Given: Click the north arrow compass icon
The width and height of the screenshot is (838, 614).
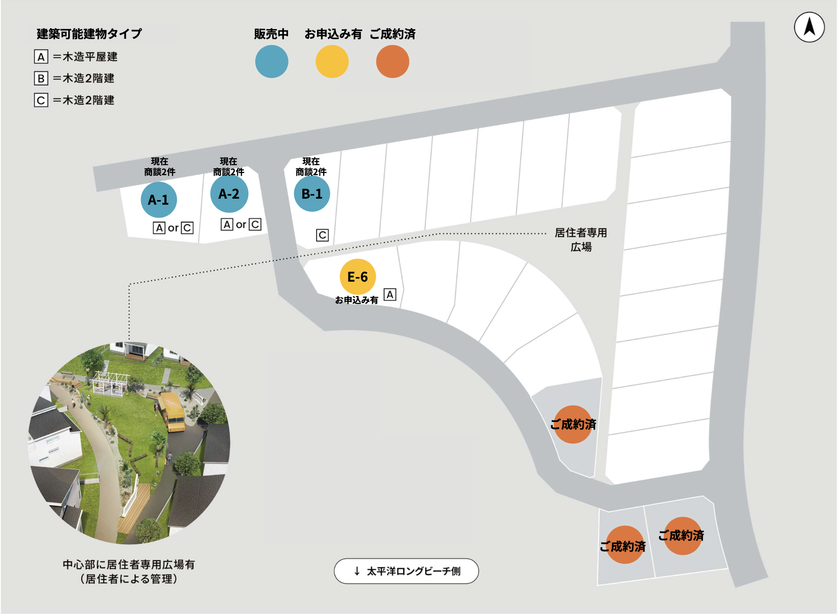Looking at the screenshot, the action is point(809,27).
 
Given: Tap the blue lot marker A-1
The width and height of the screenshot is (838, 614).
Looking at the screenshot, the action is point(159,200).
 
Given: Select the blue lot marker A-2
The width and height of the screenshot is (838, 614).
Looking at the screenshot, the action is point(229,194).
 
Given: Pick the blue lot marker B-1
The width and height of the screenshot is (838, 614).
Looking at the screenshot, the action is point(312,194).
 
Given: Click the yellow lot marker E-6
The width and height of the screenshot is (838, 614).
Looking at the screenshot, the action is point(358,277).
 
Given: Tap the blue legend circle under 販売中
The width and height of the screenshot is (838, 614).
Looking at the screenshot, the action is point(271,61).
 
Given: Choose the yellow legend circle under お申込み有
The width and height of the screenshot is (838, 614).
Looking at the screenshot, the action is point(332,61).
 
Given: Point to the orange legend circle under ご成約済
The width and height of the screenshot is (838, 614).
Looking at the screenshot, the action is point(393,61).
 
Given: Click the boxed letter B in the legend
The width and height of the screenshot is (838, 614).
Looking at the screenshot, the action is point(41,78).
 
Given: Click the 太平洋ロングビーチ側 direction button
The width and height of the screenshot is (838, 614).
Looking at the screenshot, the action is point(406,571).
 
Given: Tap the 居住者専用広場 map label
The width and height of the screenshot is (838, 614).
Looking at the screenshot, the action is point(581,240).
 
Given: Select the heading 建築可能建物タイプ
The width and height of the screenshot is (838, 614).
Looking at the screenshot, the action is point(89,34).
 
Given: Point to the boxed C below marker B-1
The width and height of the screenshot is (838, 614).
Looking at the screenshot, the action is point(322,235).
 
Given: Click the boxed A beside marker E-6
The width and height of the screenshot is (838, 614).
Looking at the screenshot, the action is point(390,295).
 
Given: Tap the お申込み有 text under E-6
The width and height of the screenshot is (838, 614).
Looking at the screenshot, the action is point(356,300).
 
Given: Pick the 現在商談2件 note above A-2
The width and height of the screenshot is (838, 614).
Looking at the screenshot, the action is point(229,166).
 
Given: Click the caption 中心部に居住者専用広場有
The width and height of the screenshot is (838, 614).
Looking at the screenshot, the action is point(129,564).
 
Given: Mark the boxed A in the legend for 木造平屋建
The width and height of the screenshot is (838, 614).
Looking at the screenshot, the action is point(41,57).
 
